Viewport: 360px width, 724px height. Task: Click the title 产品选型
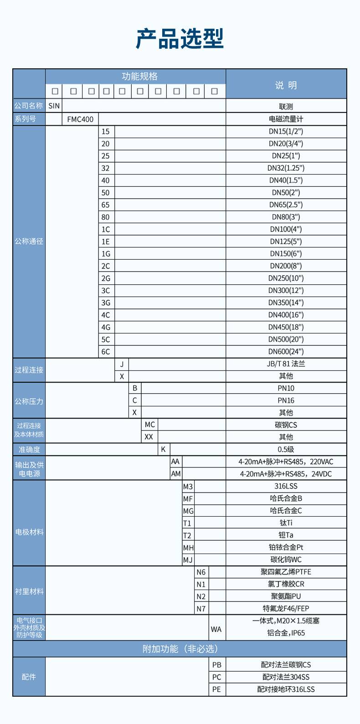(x=180, y=39)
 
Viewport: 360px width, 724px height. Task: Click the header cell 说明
(x=286, y=85)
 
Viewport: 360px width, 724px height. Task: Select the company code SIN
(x=54, y=106)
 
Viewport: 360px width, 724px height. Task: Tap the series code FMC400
(x=80, y=119)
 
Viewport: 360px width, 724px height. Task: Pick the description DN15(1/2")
(x=286, y=132)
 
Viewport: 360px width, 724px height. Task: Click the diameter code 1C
(x=106, y=230)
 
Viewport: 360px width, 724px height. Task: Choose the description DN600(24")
(x=286, y=352)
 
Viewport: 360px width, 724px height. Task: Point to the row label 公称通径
(x=29, y=241)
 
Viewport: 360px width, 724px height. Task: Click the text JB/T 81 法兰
(x=286, y=364)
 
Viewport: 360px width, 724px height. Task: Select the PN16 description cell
(x=286, y=401)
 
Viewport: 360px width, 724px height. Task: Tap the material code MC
(x=150, y=425)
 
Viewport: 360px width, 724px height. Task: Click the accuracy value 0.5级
(x=286, y=449)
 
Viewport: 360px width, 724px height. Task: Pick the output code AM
(x=176, y=474)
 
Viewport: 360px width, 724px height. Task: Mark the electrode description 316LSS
(x=286, y=486)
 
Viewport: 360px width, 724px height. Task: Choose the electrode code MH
(x=188, y=548)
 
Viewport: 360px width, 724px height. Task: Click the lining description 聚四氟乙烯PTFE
(x=286, y=572)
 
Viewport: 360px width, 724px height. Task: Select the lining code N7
(x=201, y=609)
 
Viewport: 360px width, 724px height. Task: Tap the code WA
(x=216, y=629)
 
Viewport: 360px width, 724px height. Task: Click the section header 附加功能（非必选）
(x=180, y=649)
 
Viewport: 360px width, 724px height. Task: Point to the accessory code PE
(x=216, y=689)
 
